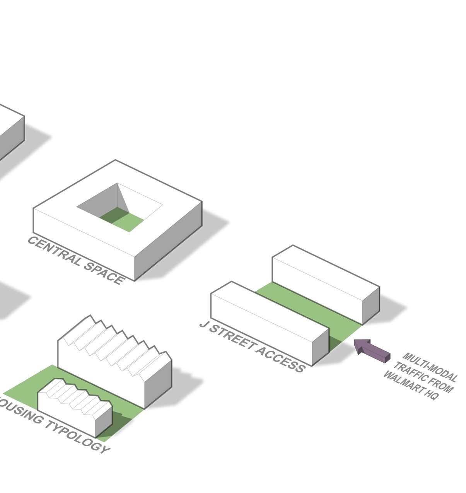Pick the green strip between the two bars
click(309, 309)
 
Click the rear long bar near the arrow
click(321, 282)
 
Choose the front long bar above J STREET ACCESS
click(263, 321)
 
